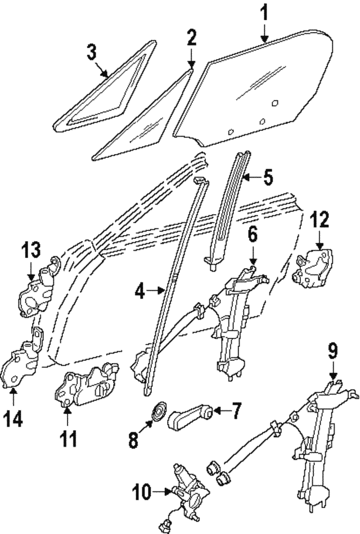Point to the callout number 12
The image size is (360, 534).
(x=319, y=220)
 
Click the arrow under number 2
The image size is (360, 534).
(x=191, y=60)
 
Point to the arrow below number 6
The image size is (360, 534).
(x=253, y=257)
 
